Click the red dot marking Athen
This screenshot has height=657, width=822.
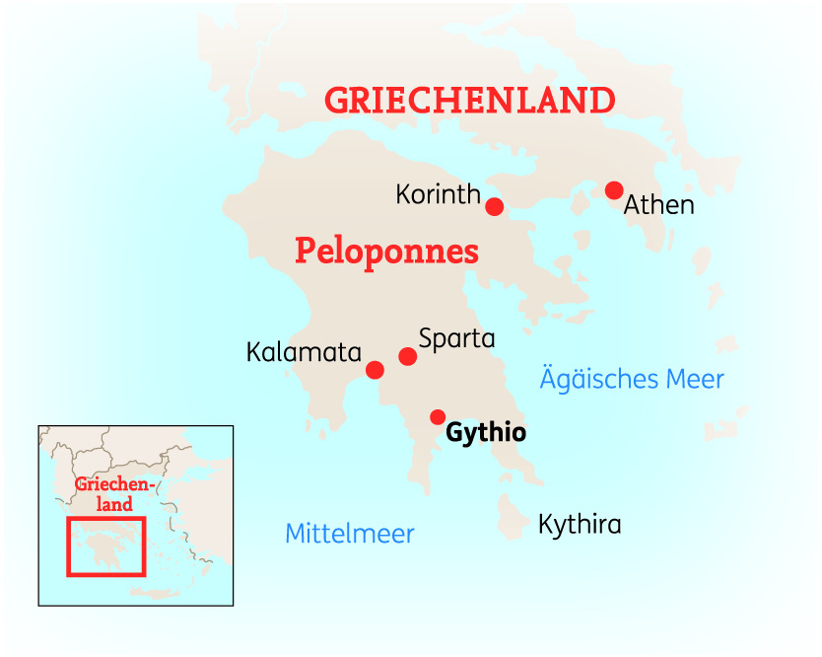tap(614, 190)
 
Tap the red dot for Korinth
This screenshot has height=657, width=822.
tap(495, 206)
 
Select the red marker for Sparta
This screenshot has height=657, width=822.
tap(407, 356)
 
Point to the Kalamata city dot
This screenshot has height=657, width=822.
tap(375, 370)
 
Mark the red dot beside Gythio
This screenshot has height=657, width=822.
tap(438, 417)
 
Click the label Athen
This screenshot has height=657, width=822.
tap(659, 206)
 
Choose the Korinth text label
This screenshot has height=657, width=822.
tap(438, 194)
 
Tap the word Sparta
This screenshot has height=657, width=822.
tap(456, 338)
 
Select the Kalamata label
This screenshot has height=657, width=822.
tap(305, 352)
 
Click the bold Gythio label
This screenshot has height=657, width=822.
tap(486, 433)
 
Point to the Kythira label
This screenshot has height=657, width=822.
tap(580, 524)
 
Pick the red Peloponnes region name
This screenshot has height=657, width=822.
tap(386, 252)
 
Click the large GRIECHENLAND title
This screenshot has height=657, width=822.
tap(470, 100)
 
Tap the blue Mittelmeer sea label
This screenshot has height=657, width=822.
tap(349, 534)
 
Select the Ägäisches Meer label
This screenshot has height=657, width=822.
tap(632, 379)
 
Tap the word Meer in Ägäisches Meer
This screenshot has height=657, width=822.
tap(693, 379)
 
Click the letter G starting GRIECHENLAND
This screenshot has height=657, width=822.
tap(338, 100)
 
